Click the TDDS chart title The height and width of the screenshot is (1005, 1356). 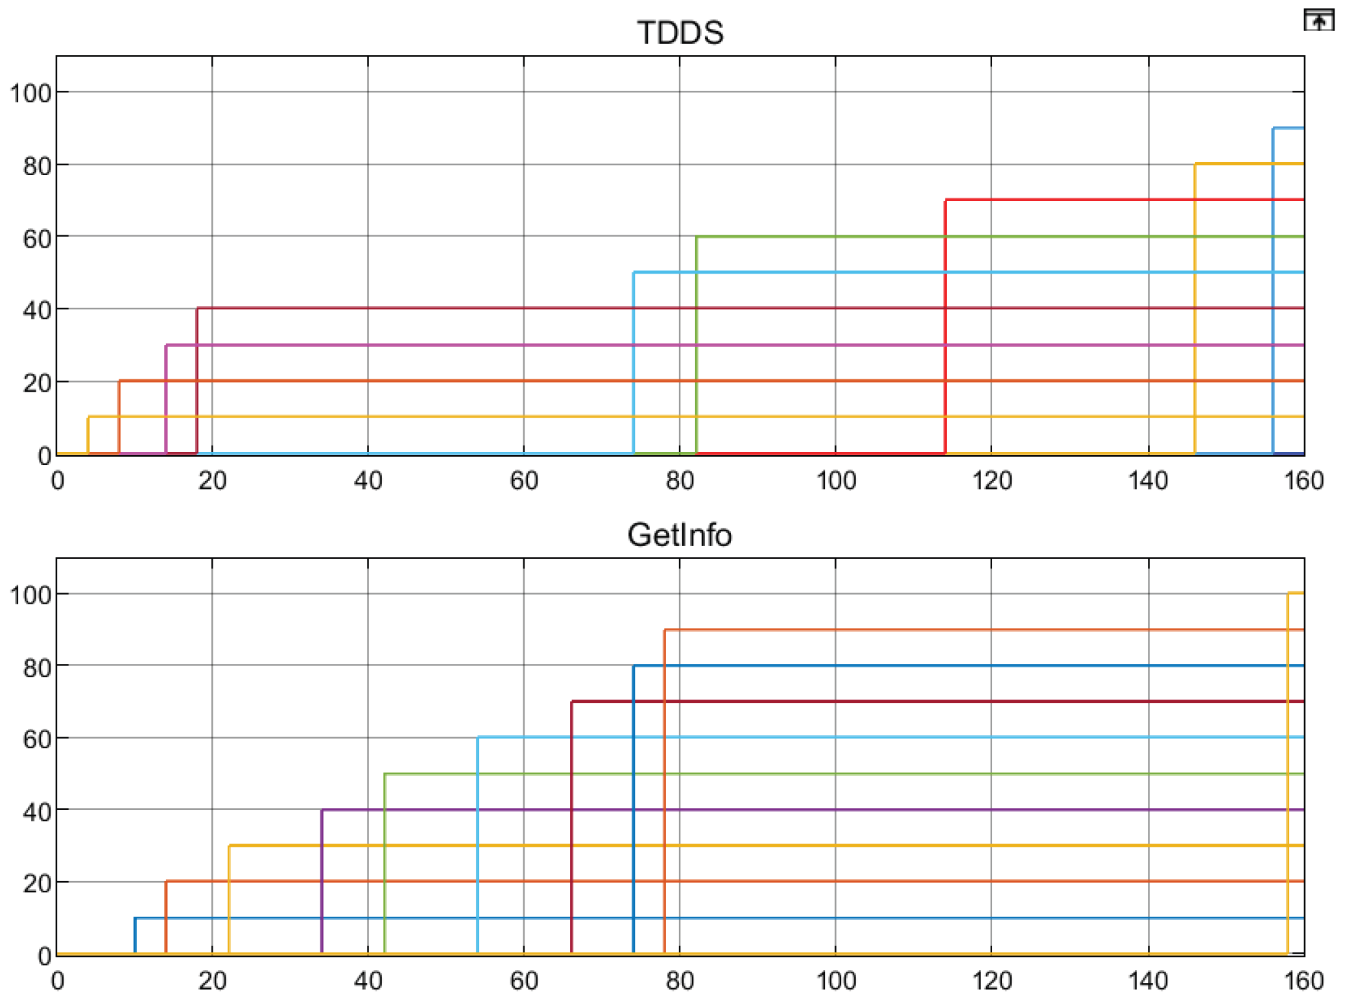pos(680,32)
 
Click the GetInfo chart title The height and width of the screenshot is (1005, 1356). pos(680,535)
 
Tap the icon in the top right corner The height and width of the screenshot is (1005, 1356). pos(1318,20)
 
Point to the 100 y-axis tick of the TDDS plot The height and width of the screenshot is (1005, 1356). pos(30,93)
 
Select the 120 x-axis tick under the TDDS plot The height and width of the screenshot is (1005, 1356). pos(992,480)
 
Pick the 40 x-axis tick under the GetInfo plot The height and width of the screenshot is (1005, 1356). pos(368,981)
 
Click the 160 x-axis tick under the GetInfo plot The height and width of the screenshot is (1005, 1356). pos(1303,981)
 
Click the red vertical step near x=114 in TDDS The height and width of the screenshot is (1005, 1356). pos(945,324)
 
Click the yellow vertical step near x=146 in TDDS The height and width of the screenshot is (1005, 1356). pos(1195,305)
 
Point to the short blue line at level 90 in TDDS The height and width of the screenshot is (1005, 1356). pos(1289,128)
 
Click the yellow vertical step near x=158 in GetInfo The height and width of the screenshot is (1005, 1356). pos(1287,778)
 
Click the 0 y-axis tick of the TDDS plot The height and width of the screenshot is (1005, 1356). pos(44,456)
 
